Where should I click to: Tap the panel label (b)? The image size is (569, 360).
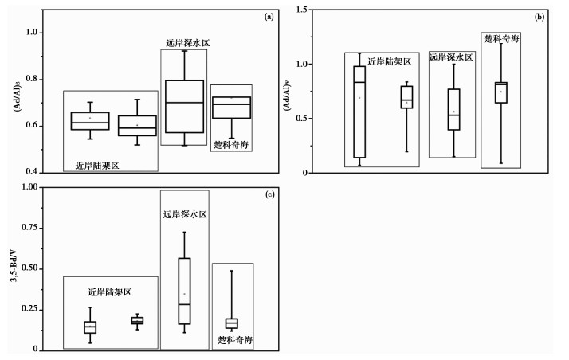tap(539, 15)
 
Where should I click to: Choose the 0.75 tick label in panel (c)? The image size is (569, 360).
tap(29, 228)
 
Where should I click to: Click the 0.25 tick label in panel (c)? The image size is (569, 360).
tap(29, 309)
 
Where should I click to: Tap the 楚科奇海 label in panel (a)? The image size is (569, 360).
tap(231, 144)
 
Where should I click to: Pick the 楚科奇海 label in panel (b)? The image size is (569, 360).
tap(502, 37)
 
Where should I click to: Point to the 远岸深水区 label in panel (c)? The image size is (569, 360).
tap(184, 214)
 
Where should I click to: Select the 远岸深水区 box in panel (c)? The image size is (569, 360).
tap(184, 291)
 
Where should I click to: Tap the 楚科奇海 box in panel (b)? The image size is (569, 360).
tap(500, 92)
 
